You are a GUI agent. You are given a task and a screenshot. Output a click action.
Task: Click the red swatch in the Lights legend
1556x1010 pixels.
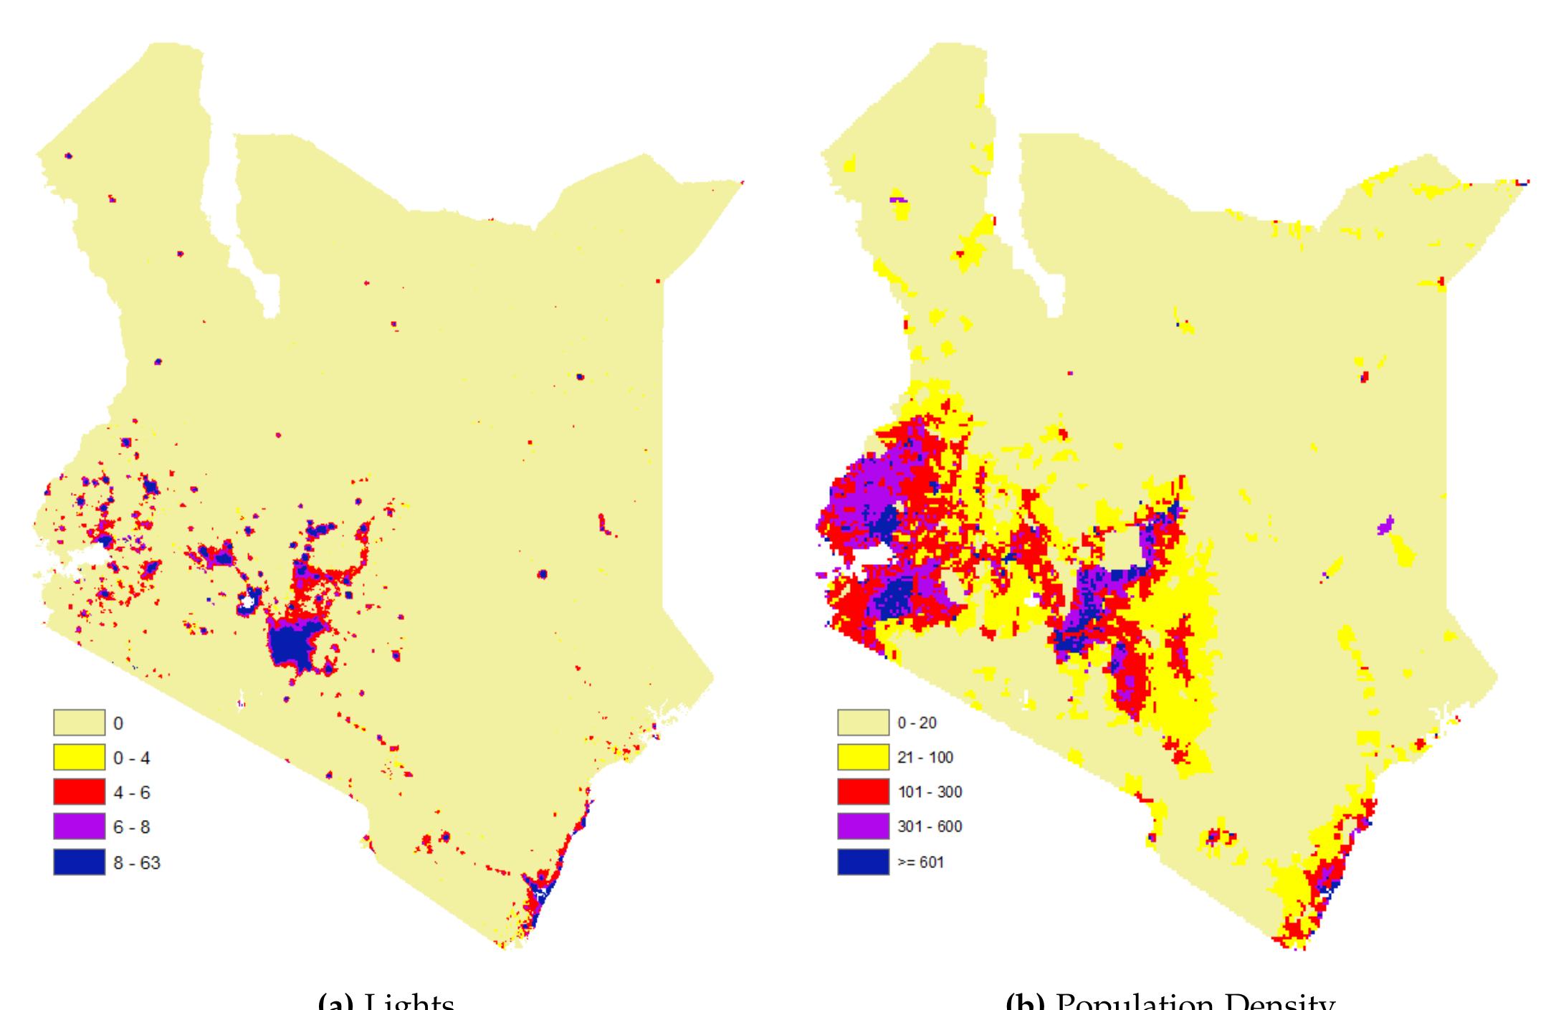79,792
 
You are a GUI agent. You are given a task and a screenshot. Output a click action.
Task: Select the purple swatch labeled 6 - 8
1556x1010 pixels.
79,826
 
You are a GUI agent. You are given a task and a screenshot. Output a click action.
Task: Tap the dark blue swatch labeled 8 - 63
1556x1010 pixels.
79,862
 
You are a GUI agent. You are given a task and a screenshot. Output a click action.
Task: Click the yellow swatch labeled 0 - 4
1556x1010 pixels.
79,758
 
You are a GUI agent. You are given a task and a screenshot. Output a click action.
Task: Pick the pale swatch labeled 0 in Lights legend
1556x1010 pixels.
79,723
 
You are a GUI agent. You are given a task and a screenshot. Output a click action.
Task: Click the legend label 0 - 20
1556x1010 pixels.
917,723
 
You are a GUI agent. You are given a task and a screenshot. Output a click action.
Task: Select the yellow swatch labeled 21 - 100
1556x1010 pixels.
863,758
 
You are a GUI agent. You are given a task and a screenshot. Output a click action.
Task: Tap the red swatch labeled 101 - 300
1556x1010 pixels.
863,792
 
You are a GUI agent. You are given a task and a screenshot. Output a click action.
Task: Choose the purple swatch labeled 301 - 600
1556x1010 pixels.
863,826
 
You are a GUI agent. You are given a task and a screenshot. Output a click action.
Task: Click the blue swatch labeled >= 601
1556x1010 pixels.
863,862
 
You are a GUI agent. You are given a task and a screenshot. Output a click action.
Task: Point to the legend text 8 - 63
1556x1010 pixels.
136,862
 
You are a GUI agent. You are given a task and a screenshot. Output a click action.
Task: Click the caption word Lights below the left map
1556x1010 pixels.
409,1002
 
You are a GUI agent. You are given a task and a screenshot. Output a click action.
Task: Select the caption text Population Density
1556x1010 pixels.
1195,1002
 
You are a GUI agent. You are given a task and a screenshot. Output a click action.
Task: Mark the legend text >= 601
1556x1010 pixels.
921,862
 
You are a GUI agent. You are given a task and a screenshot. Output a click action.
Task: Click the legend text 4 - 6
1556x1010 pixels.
131,793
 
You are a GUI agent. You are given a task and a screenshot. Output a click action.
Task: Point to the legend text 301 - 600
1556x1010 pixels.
930,827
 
